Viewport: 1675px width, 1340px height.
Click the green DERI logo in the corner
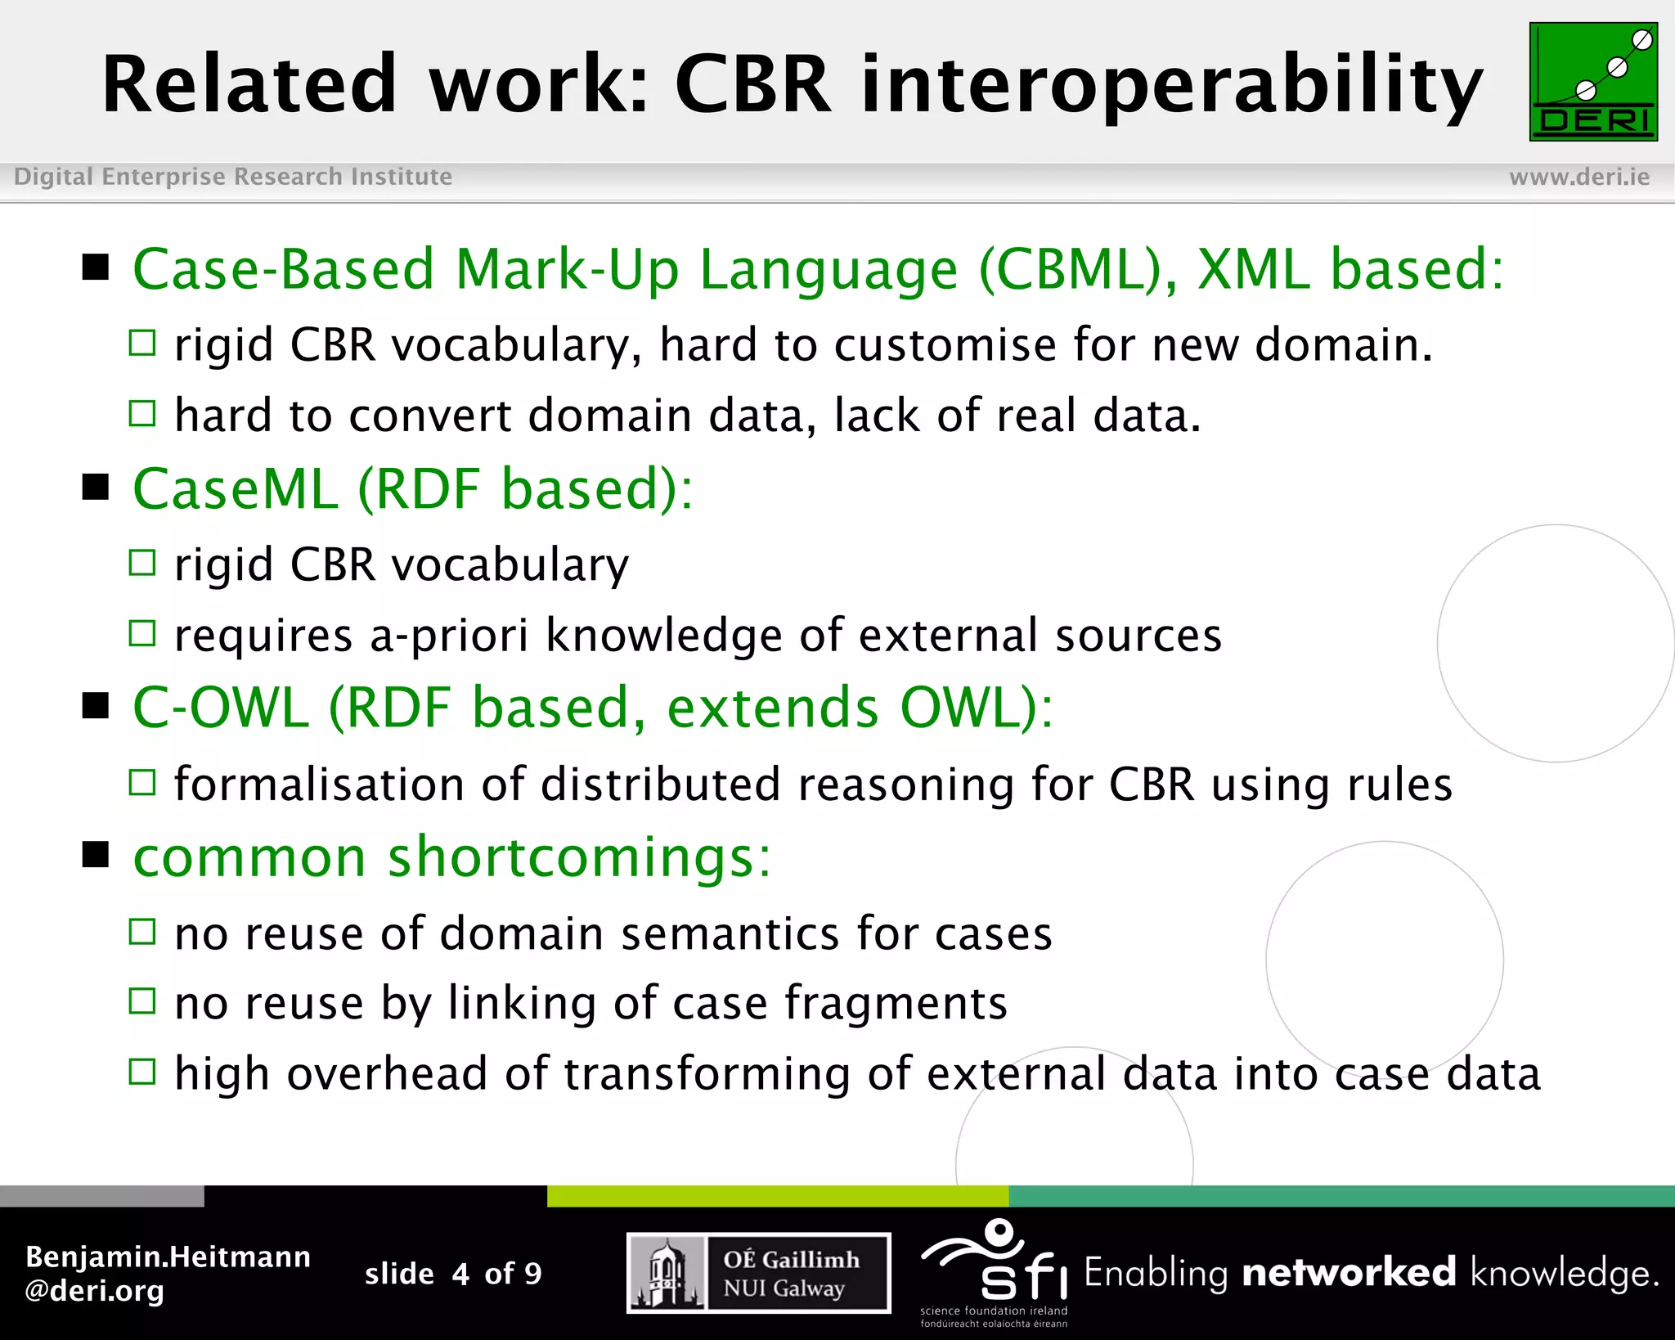pos(1592,82)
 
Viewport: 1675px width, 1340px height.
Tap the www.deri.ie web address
pos(1578,177)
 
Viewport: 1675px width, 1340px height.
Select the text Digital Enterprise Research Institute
pos(233,177)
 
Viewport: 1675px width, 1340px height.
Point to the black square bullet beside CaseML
pos(96,488)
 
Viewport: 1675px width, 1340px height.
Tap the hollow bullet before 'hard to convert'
pos(142,414)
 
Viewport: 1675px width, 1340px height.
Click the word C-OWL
pos(221,708)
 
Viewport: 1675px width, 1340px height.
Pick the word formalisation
pos(319,785)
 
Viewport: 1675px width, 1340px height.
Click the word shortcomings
pos(579,858)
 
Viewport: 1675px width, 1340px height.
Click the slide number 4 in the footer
pos(460,1274)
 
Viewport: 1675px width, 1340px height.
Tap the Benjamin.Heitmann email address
pos(168,1274)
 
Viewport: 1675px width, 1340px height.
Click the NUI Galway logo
pos(758,1273)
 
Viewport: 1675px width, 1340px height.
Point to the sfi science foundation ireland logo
pos(994,1272)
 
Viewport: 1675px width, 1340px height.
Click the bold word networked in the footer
pos(1349,1274)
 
